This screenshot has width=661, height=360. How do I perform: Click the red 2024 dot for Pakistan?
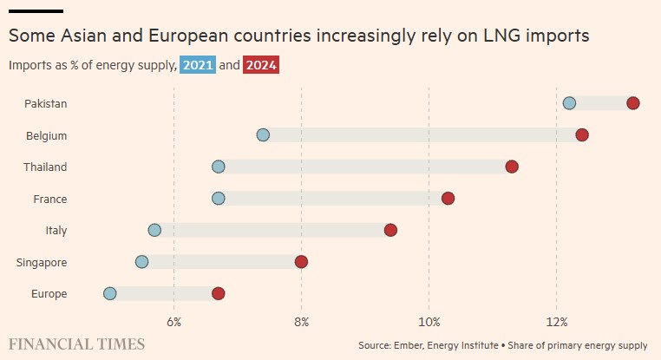point(632,103)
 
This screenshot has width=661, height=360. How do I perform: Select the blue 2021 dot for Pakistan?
point(569,103)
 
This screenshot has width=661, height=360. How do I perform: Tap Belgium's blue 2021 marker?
point(263,135)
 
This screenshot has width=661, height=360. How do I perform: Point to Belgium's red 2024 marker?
point(582,135)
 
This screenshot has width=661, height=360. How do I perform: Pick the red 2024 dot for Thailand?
point(512,167)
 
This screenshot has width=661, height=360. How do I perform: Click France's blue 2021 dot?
point(219,199)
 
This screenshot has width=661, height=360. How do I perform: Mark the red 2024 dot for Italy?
point(390,230)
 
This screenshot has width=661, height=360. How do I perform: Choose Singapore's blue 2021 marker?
point(142,262)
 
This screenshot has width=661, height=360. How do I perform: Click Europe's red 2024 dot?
point(219,293)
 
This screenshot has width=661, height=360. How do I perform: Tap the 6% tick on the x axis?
point(173,322)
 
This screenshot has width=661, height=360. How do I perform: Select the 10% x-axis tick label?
point(429,322)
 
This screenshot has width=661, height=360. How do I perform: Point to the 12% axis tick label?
point(556,322)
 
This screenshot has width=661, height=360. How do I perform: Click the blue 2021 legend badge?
point(198,65)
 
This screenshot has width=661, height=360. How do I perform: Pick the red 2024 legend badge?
point(261,65)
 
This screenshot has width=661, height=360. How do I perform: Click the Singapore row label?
point(42,262)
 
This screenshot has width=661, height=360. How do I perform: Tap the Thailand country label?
point(45,167)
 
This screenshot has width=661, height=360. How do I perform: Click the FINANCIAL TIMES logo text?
point(77,344)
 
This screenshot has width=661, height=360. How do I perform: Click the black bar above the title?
point(36,10)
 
